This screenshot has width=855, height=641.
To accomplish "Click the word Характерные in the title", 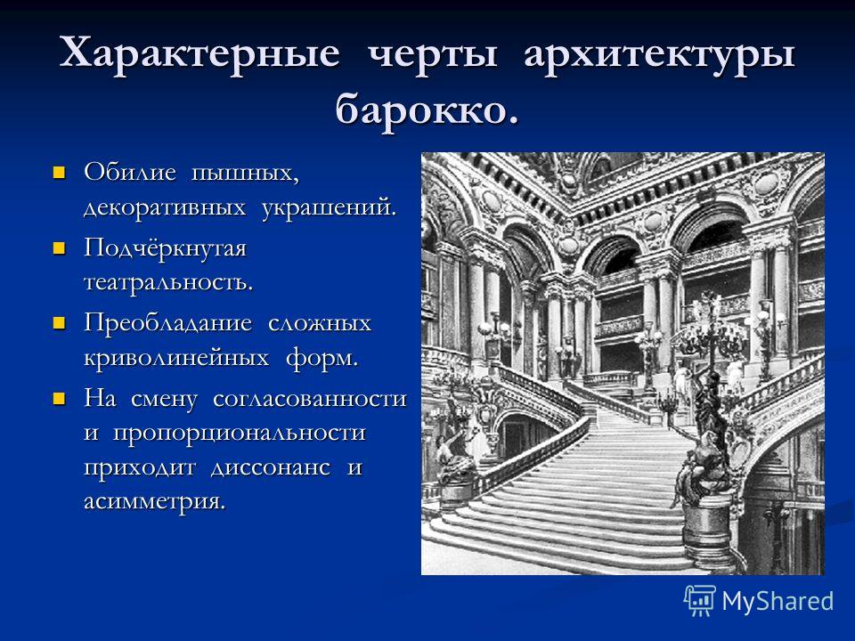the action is pyautogui.click(x=199, y=53).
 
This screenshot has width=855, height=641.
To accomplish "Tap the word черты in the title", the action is pyautogui.click(x=432, y=54).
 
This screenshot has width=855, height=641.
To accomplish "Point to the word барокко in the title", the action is pyautogui.click(x=427, y=109).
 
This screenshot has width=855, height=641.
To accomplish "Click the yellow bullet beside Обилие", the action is pyautogui.click(x=59, y=174).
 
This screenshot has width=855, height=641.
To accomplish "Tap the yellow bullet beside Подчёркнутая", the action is pyautogui.click(x=59, y=249).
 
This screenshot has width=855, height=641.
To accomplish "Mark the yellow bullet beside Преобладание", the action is pyautogui.click(x=59, y=324).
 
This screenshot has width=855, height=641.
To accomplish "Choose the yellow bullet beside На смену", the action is pyautogui.click(x=59, y=399).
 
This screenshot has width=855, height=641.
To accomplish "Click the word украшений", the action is pyautogui.click(x=329, y=208).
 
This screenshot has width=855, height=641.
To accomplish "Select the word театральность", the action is pyautogui.click(x=168, y=282).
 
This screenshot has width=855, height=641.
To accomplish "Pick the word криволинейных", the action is pyautogui.click(x=176, y=359).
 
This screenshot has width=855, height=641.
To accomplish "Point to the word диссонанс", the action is pyautogui.click(x=271, y=467).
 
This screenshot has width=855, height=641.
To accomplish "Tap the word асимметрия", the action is pyautogui.click(x=154, y=501).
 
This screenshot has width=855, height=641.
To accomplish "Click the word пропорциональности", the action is pyautogui.click(x=239, y=434).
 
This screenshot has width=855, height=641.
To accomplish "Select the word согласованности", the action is pyautogui.click(x=310, y=399).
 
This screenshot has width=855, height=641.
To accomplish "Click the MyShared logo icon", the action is pyautogui.click(x=700, y=601).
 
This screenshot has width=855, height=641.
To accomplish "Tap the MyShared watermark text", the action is pyautogui.click(x=778, y=601).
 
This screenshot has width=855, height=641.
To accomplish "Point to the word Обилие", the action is pyautogui.click(x=130, y=172).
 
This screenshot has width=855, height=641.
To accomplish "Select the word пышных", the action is pyautogui.click(x=245, y=174).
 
